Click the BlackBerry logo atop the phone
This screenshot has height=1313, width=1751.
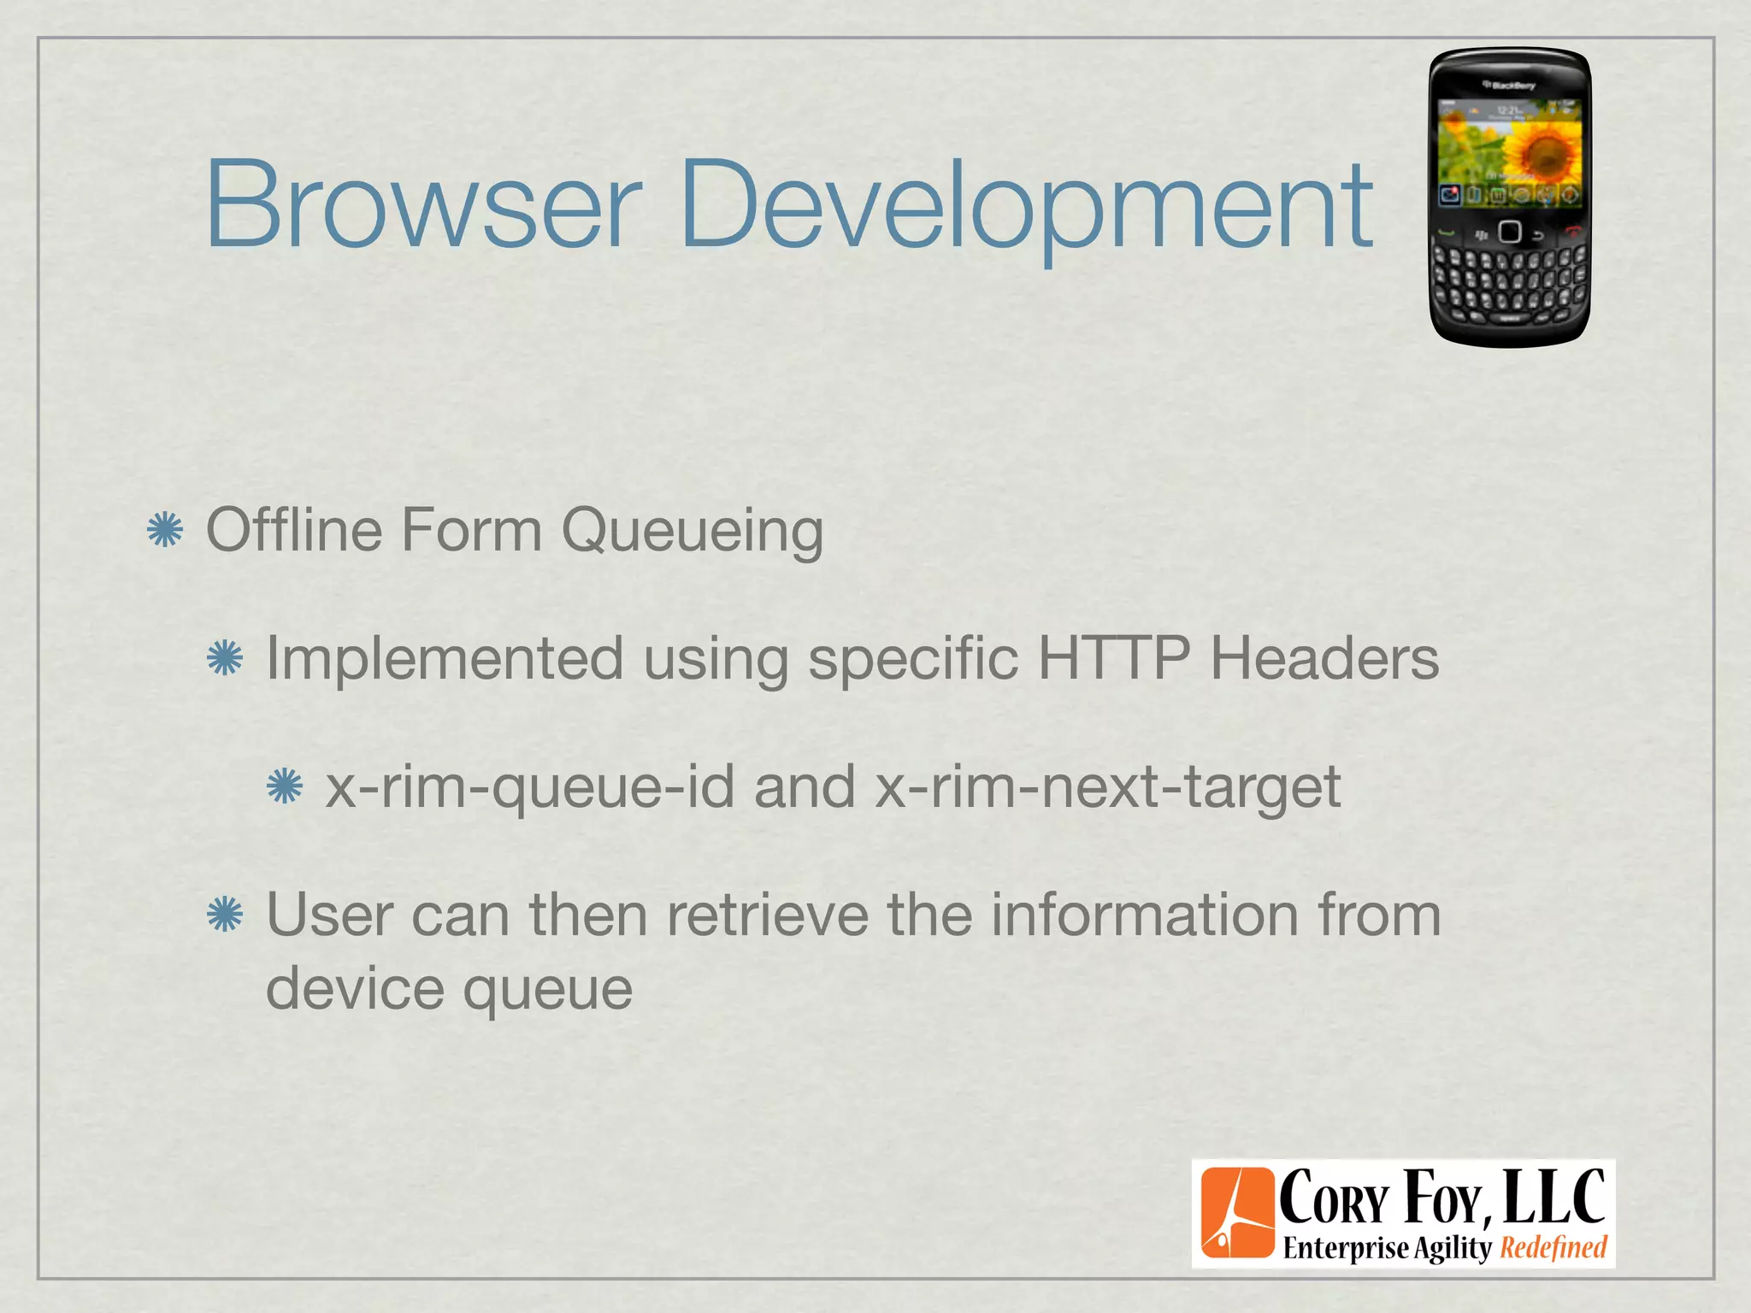1509,85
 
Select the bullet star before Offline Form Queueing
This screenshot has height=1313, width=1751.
165,530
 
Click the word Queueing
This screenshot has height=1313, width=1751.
693,532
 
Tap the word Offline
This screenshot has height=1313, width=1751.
293,530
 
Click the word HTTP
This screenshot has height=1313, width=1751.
1113,658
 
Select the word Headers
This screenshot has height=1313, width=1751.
1324,658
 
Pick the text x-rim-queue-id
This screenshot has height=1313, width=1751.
530,787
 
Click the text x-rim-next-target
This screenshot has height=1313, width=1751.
1108,787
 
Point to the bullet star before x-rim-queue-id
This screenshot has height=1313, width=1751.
285,786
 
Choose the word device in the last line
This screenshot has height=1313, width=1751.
354,988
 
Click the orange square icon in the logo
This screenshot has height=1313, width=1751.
1237,1213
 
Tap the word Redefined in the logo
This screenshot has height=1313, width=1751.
1553,1248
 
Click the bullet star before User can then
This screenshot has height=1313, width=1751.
225,915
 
